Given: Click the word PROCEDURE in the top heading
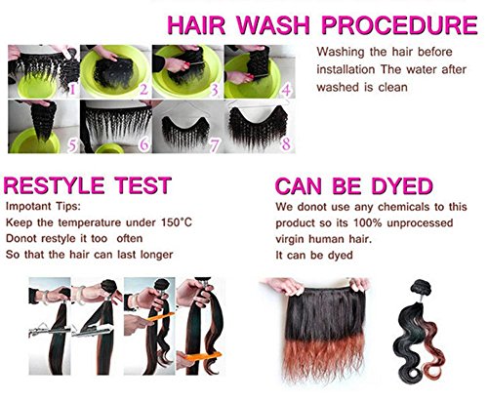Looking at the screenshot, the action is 399,24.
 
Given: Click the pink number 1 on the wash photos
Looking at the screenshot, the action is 72,88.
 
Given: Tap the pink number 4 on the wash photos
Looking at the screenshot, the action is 286,90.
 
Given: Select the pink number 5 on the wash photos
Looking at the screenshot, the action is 72,145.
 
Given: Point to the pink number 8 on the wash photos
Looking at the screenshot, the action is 286,144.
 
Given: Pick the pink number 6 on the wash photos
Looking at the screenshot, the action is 144,144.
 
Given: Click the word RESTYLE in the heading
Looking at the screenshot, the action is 54,185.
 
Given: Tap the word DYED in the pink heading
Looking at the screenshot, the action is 402,185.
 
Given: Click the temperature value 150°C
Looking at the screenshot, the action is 177,222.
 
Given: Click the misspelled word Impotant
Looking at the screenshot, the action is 28,207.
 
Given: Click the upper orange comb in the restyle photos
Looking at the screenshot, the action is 160,317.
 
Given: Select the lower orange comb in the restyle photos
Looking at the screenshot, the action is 203,356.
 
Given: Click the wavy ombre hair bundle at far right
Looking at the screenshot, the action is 418,332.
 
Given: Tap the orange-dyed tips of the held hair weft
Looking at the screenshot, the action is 325,358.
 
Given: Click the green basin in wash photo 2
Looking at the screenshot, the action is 115,73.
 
